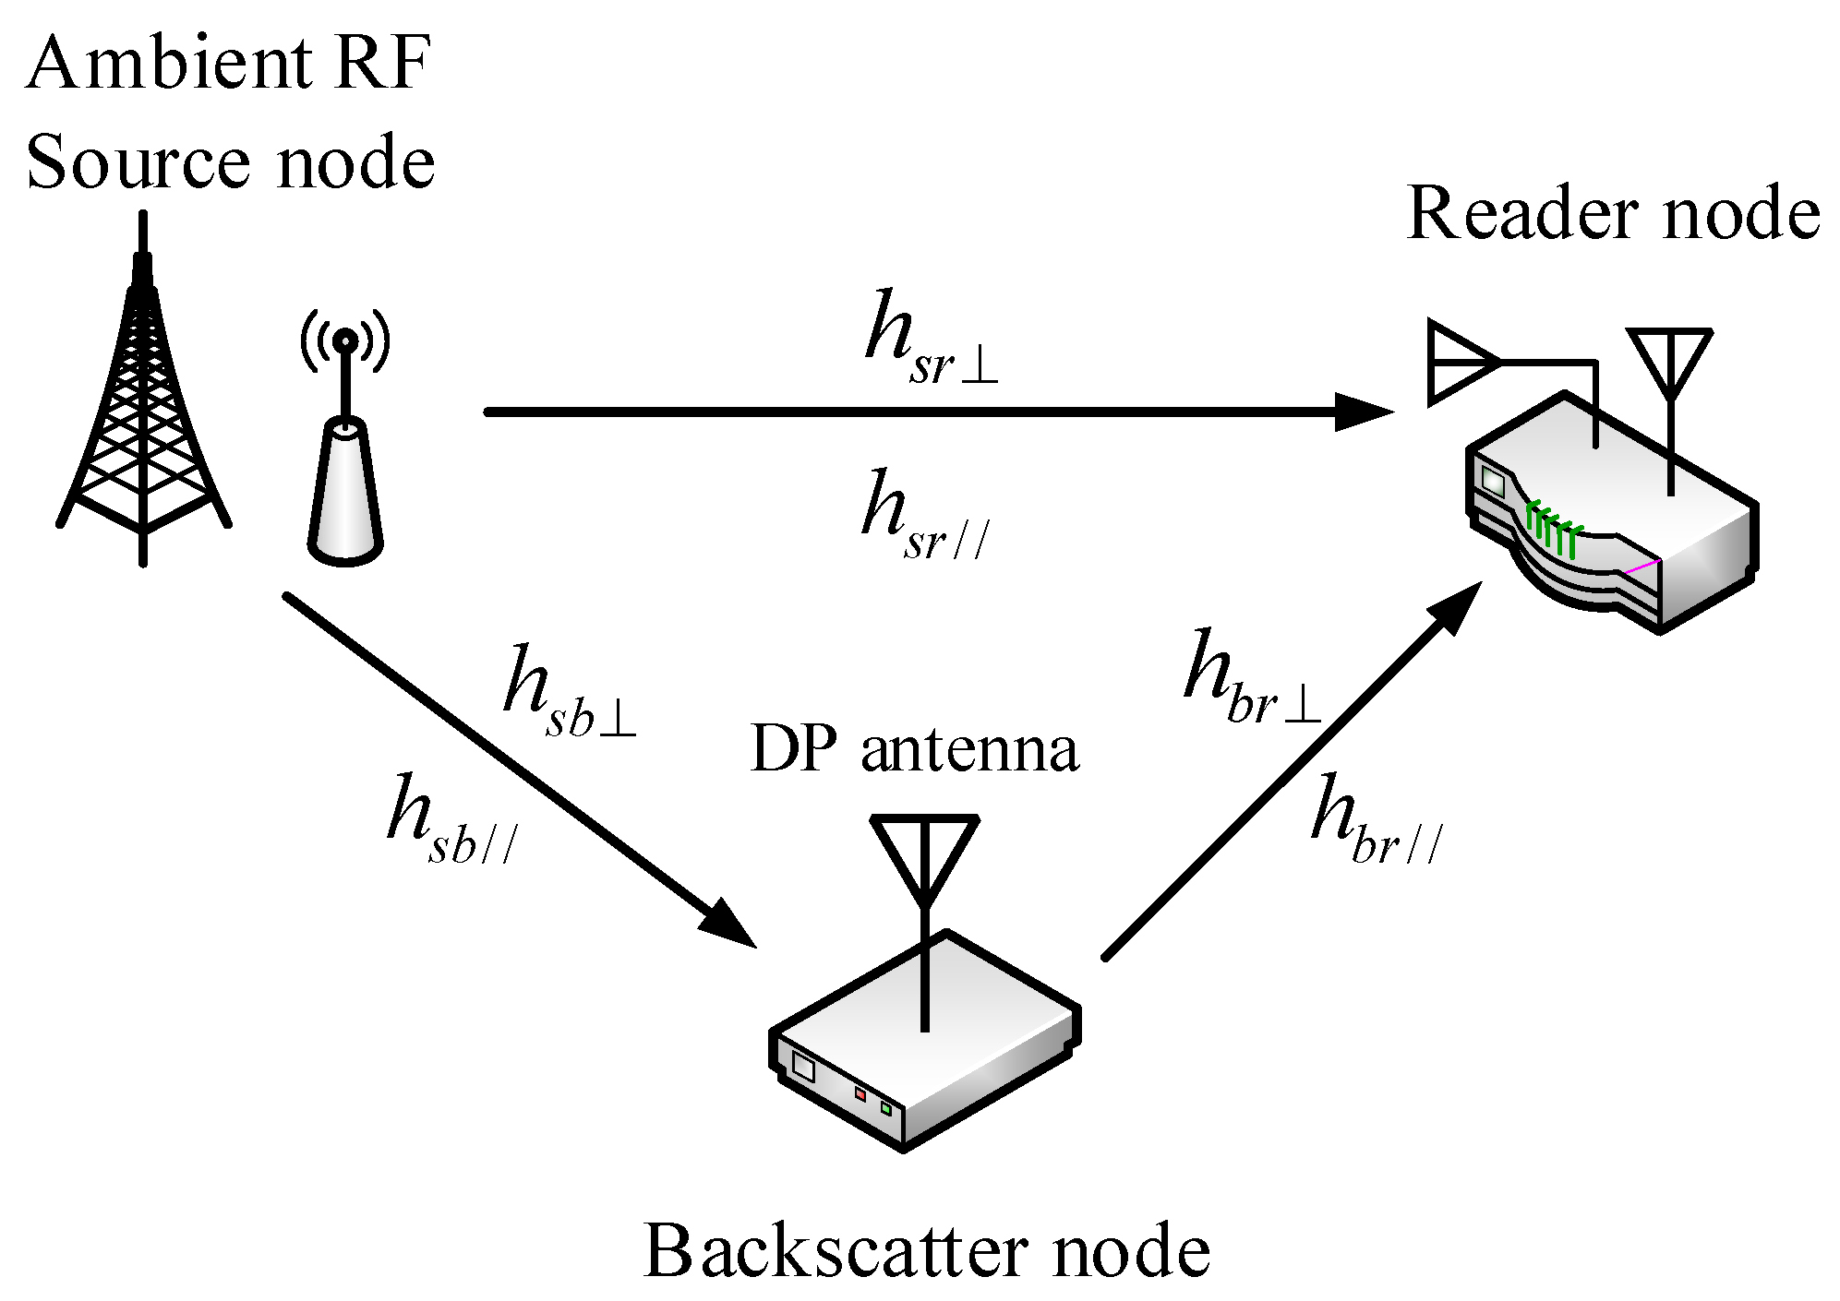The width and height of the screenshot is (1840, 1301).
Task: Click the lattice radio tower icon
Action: pos(143,397)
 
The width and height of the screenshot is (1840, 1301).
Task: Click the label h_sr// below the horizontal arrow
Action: pos(923,517)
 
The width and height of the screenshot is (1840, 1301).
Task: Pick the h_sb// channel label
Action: pos(452,821)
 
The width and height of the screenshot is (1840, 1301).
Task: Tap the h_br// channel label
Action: pos(1376,821)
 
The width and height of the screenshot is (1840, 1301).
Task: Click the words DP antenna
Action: pos(914,749)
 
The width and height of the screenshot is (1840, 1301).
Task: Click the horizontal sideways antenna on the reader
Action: pos(1463,362)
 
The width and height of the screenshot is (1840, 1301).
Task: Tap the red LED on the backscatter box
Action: pos(860,1094)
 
